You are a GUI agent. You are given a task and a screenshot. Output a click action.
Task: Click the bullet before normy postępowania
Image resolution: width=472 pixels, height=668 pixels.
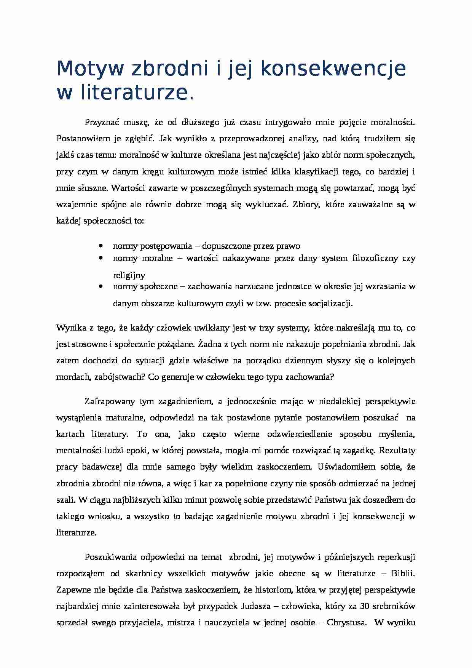pos(101,246)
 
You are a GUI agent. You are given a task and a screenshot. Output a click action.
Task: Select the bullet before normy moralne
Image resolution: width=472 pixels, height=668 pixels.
pos(101,258)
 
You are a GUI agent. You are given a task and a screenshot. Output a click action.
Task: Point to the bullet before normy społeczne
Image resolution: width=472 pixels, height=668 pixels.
pos(101,286)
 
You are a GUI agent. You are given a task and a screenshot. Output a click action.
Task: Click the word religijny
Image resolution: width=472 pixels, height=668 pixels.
pos(129,275)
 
